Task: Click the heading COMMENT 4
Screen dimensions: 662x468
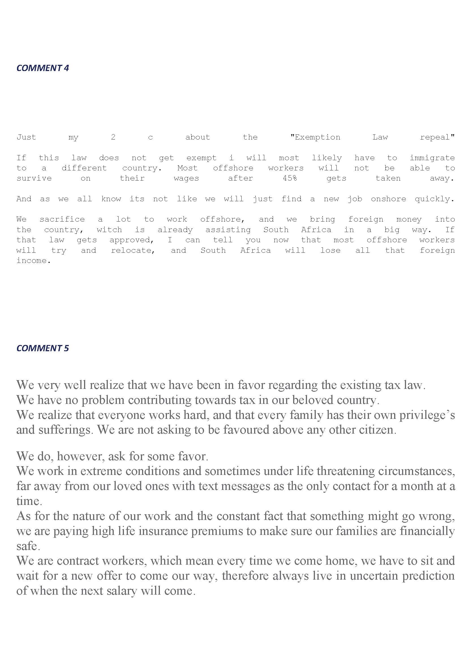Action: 43,68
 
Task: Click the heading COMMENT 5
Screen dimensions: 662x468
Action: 43,348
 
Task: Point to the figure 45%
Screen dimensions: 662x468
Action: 290,179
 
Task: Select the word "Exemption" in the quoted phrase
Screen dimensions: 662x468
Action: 315,137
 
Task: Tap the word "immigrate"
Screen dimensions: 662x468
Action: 432,158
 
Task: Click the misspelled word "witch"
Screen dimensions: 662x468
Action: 109,230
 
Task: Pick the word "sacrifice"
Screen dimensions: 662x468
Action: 62,219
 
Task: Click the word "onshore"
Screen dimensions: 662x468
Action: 388,199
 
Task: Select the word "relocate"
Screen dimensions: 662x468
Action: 133,250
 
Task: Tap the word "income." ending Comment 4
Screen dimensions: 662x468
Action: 33,261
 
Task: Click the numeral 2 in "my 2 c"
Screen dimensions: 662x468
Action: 113,137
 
